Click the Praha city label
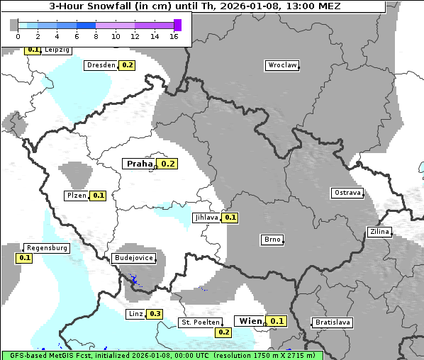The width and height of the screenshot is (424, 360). tap(139, 164)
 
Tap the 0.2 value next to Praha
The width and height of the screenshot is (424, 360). tap(167, 164)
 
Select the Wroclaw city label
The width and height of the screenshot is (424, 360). tap(281, 65)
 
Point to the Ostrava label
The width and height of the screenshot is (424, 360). tap(347, 193)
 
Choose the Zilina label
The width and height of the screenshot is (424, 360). tap(379, 232)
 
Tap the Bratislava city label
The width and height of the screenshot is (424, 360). tap(333, 322)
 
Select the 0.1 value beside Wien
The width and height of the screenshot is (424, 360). tap(277, 321)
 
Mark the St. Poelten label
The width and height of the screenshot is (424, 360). tap(200, 322)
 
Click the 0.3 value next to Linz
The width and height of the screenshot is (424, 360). tap(155, 314)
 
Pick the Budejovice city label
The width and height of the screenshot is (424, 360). tap(133, 258)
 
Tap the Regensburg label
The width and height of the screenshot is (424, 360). tap(47, 248)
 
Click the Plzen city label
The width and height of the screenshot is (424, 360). tap(76, 196)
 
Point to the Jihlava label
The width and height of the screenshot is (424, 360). tap(206, 218)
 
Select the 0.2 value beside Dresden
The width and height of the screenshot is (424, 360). tap(127, 65)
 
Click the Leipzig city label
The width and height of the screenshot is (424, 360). tap(56, 50)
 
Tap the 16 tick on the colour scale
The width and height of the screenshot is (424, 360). tap(174, 35)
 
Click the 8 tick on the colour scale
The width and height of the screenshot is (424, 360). tap(96, 35)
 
